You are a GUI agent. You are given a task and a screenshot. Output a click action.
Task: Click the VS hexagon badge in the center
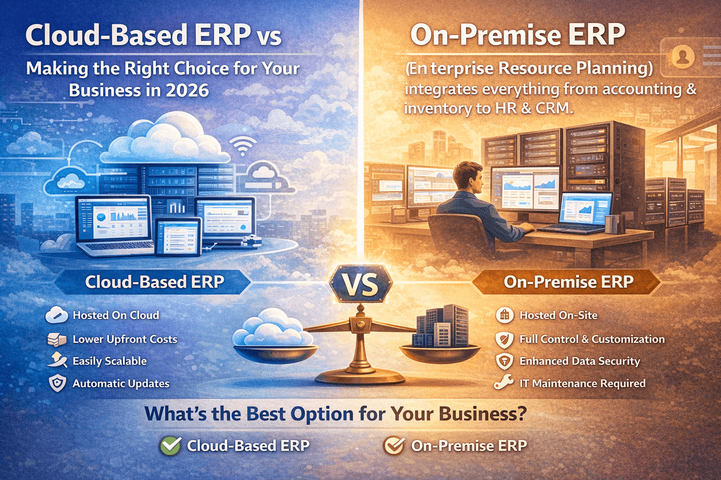tap(360, 284)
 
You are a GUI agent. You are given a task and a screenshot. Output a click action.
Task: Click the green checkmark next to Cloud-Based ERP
tap(170, 446)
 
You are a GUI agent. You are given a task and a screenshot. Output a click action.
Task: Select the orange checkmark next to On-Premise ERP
tap(393, 446)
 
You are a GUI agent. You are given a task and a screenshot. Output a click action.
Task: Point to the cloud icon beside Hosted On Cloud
tap(57, 315)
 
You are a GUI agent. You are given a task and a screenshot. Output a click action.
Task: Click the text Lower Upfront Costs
tap(125, 339)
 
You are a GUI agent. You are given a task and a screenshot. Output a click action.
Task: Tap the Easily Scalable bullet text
tap(109, 361)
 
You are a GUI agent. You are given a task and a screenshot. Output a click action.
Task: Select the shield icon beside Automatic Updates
tap(57, 383)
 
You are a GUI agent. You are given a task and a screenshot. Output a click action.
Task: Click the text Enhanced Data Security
tap(580, 361)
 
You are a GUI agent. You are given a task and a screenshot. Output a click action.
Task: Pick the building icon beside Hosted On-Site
tap(505, 315)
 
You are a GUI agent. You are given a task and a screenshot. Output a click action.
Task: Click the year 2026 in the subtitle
tap(187, 90)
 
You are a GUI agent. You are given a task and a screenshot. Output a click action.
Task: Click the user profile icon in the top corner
tap(683, 57)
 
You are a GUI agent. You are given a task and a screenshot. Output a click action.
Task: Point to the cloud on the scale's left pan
tap(272, 328)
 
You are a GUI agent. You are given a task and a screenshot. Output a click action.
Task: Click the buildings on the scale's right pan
tap(441, 326)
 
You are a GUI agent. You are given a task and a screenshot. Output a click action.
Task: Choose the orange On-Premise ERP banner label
tap(568, 282)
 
